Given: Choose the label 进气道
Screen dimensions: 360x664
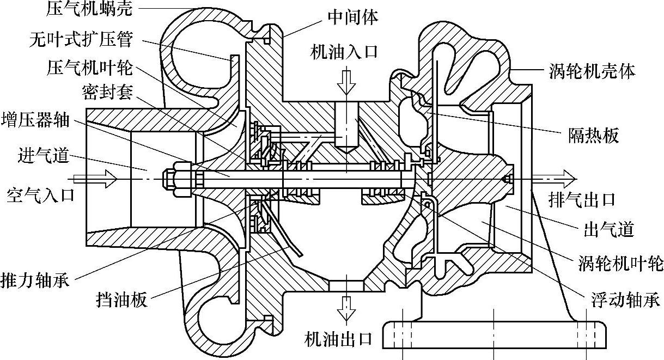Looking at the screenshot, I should pos(43,156).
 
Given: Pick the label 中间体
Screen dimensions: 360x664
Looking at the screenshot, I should pos(352,17).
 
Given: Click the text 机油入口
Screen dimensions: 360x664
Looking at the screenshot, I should pos(344,53).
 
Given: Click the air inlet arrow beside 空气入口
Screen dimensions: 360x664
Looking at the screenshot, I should pos(95,177).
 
